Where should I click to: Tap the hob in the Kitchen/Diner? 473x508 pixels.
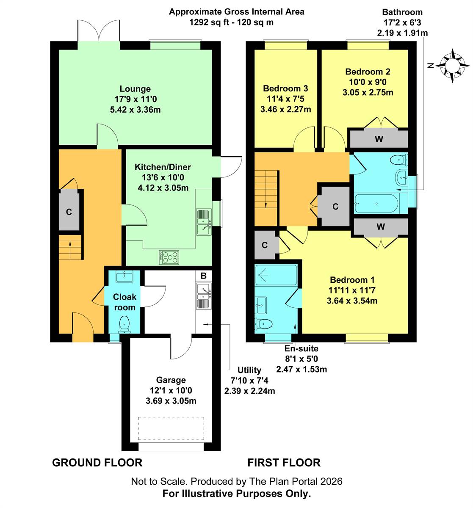click(x=169, y=257)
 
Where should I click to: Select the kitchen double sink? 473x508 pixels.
click(x=204, y=222)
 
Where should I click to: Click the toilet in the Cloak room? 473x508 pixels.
click(x=124, y=324)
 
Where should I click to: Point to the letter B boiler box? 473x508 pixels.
click(x=204, y=276)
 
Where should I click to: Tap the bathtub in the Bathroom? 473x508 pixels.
click(x=376, y=204)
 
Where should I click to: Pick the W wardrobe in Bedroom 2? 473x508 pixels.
click(x=379, y=139)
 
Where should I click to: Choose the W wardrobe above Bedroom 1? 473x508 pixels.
click(x=381, y=226)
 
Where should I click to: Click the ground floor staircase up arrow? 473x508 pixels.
click(x=70, y=246)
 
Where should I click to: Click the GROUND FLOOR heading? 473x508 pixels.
click(x=97, y=463)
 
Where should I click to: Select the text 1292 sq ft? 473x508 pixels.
click(x=209, y=22)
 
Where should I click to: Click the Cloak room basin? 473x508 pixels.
click(x=124, y=277)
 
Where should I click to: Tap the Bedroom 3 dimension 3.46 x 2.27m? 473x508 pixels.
click(x=286, y=110)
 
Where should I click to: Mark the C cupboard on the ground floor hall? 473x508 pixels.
click(x=69, y=212)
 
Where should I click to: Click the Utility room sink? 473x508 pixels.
click(x=204, y=296)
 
